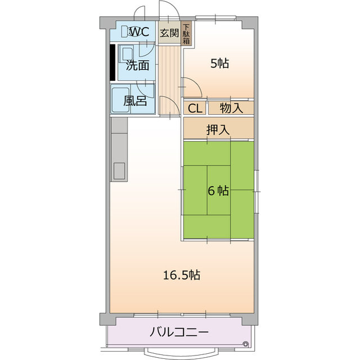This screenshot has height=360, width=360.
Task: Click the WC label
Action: tap(139, 31)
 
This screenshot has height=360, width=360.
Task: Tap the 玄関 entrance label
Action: tap(169, 32)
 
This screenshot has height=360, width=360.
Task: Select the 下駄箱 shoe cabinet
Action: tap(186, 33)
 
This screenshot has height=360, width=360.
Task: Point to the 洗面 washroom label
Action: tap(137, 65)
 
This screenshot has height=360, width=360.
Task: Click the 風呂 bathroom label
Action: tap(136, 101)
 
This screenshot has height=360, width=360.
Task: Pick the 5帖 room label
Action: tap(219, 64)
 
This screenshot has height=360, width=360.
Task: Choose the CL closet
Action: tap(195, 108)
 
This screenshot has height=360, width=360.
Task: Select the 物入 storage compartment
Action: tap(231, 108)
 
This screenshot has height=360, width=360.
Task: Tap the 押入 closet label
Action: tap(218, 129)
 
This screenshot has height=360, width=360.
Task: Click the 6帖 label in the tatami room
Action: tap(218, 191)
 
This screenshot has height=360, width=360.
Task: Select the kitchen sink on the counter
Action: tap(119, 170)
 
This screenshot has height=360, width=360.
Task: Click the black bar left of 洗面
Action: tap(113, 61)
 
